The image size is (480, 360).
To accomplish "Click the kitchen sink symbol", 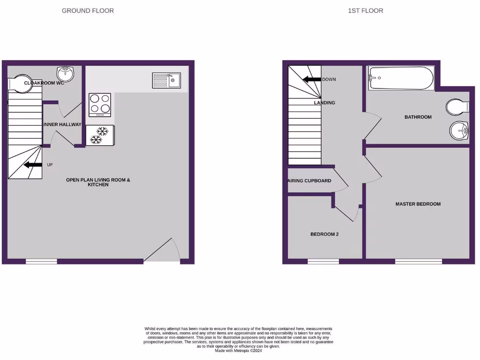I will (166, 80).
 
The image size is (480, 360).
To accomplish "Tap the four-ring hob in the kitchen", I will (100, 105).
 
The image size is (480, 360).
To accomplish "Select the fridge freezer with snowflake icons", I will (99, 135).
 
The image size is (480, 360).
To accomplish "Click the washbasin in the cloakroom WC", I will (65, 74).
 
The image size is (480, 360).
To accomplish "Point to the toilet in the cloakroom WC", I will (19, 84).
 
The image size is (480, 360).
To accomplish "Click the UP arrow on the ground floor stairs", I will (32, 165).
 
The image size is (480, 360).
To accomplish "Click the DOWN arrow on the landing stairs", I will (311, 79).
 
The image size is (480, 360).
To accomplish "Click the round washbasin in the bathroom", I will (459, 130).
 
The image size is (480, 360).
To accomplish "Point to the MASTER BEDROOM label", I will (418, 204).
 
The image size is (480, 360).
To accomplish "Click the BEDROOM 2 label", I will (324, 234).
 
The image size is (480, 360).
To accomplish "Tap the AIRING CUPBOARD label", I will (309, 181).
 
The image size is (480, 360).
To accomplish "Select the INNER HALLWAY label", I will (62, 125).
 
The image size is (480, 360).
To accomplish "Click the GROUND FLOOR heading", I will (88, 10).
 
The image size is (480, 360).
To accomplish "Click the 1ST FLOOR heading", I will (365, 10).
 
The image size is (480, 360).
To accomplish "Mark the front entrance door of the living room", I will (162, 250).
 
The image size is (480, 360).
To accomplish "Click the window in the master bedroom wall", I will (418, 262).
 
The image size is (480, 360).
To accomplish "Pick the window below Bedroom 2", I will (323, 262).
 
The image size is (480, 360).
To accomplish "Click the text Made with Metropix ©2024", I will (239, 351).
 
